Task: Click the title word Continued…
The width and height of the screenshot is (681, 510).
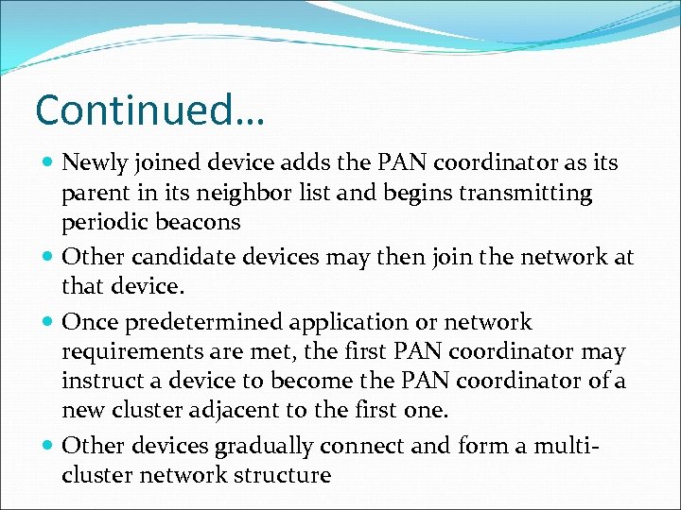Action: click(149, 110)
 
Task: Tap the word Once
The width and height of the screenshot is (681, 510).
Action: click(87, 322)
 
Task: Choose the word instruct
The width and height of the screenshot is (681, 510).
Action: click(101, 381)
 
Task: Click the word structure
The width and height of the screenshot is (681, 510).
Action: click(281, 474)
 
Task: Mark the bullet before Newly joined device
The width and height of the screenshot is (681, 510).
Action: click(48, 163)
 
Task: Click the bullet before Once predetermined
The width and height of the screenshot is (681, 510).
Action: click(48, 323)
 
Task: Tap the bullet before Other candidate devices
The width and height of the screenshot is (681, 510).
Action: click(48, 257)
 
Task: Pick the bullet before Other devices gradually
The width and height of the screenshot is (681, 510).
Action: click(48, 445)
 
